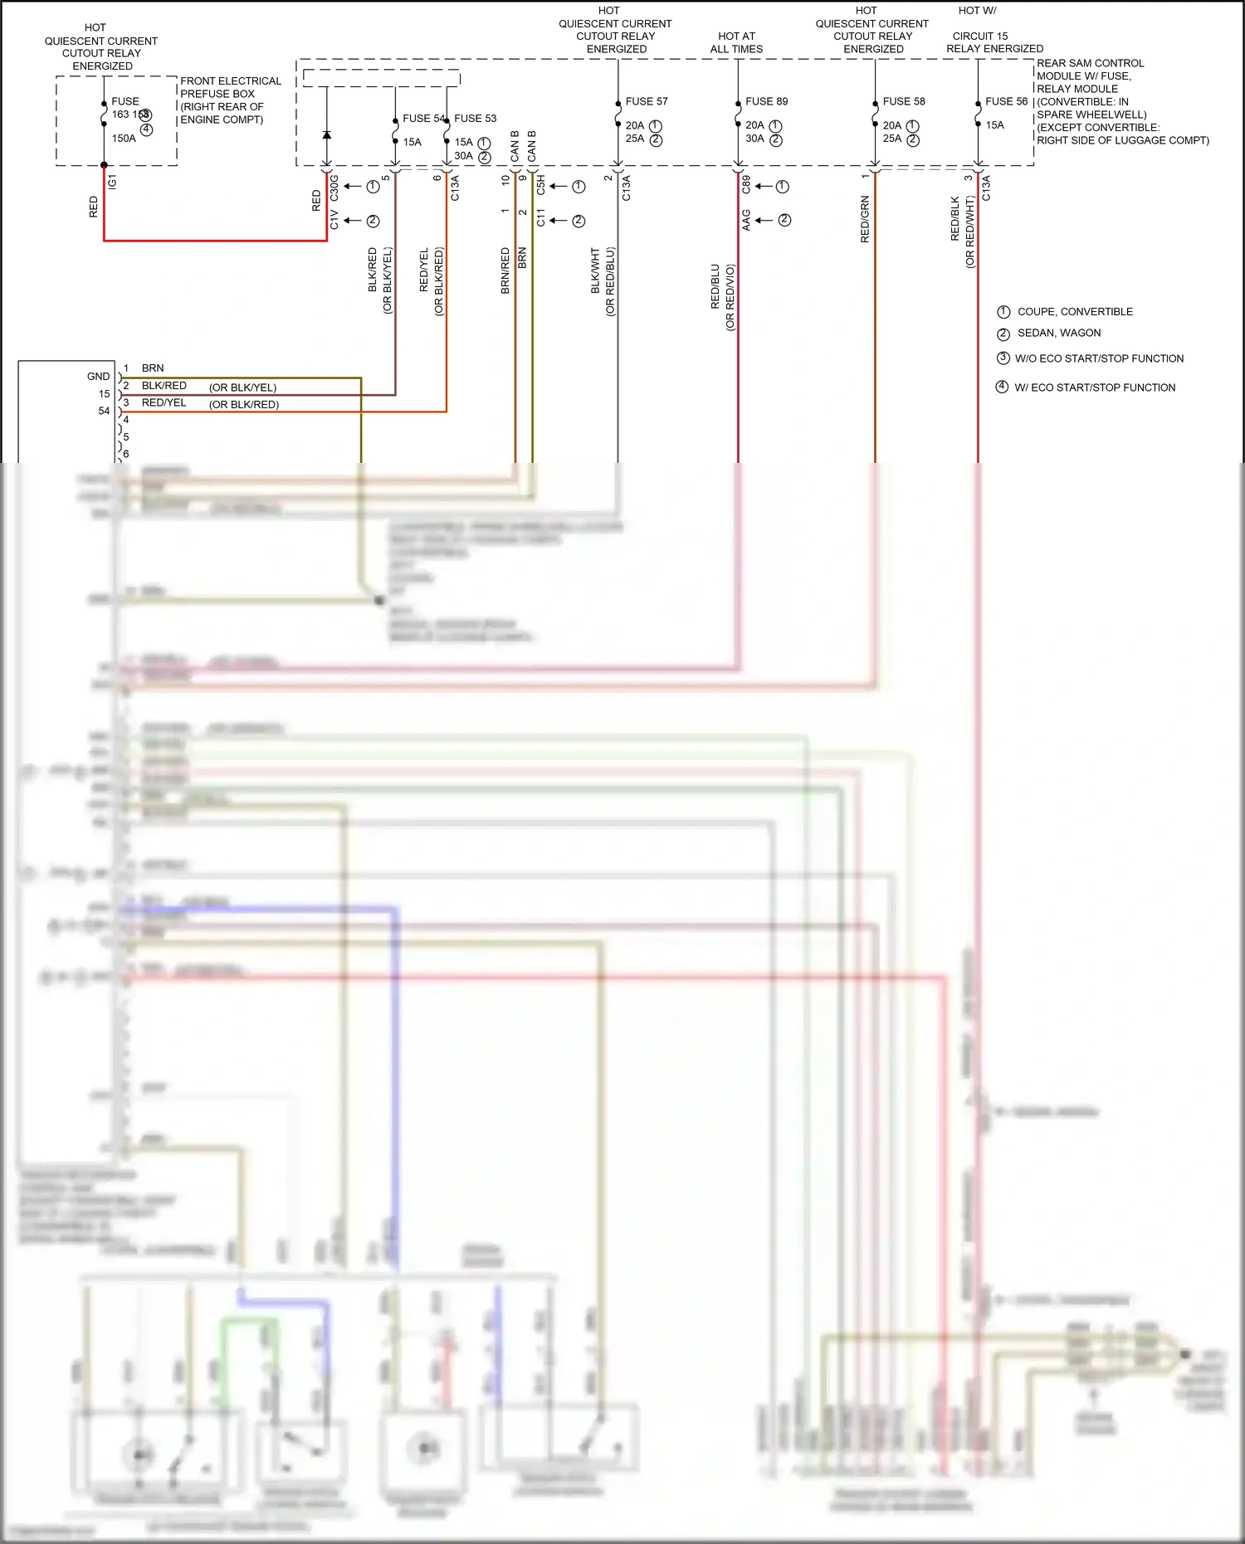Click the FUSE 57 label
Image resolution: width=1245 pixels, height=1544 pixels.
[646, 101]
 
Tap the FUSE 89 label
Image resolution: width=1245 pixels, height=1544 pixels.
[766, 101]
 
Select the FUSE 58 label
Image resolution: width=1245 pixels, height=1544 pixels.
[903, 101]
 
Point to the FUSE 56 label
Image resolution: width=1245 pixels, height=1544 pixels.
[1006, 101]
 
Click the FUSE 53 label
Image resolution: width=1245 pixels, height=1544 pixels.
[475, 119]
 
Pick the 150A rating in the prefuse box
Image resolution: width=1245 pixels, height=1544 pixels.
[124, 139]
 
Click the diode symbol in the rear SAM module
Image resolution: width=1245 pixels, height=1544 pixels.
[326, 134]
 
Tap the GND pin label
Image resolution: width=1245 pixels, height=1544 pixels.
[98, 377]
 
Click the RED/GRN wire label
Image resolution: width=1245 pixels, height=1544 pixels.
[865, 219]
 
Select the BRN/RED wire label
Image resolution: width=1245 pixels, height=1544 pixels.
[505, 270]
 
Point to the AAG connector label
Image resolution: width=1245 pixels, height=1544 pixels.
[746, 220]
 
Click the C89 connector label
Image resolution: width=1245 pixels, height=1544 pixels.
[746, 184]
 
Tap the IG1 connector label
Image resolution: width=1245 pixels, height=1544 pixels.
[113, 181]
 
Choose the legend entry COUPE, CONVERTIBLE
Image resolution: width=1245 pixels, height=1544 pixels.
[1074, 312]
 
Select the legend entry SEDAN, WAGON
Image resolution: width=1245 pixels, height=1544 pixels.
[1058, 333]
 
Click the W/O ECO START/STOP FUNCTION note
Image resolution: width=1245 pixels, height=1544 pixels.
[1098, 358]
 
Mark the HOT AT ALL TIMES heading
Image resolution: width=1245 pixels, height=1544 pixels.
[736, 42]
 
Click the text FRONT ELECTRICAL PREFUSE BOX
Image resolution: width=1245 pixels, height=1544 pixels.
[230, 87]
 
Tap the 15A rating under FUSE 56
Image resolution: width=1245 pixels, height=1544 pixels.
[994, 125]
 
